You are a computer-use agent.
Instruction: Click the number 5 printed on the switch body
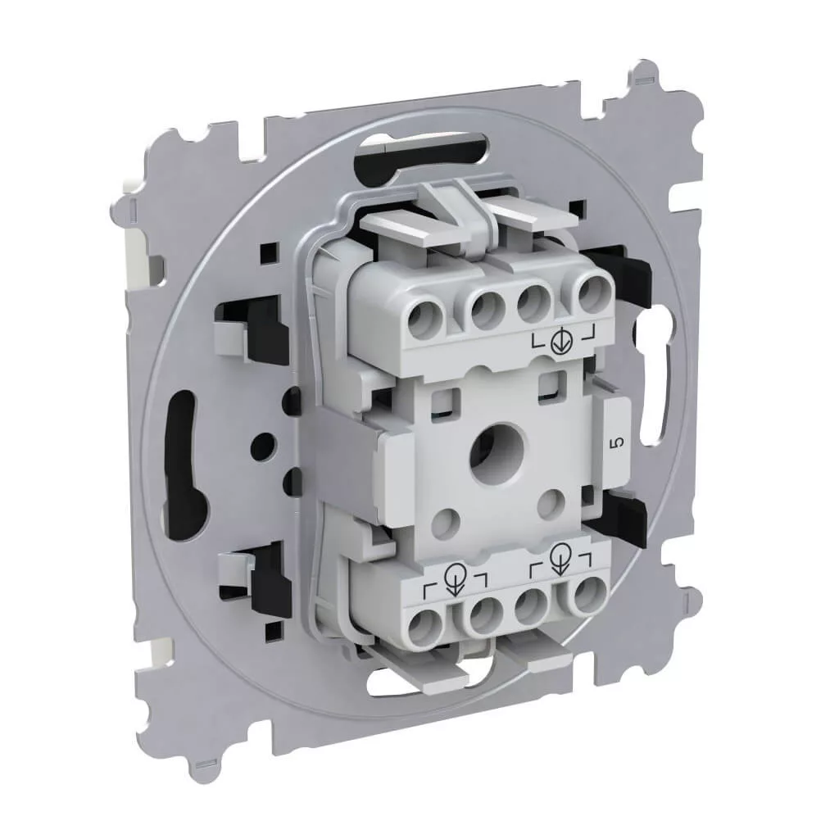(619, 442)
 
